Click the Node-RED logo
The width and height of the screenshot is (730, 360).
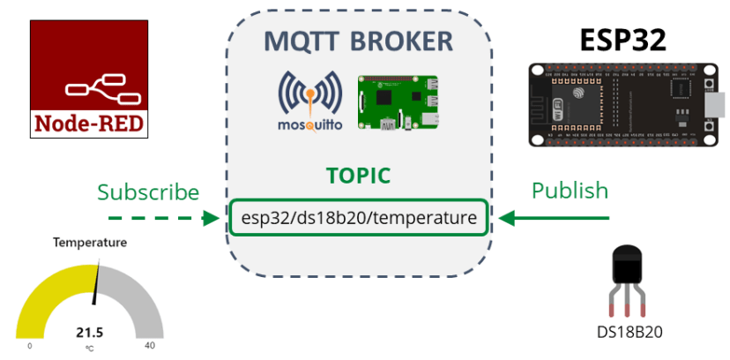[89, 79]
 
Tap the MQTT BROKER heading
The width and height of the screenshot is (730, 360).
[360, 41]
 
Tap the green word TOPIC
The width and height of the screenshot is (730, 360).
[358, 176]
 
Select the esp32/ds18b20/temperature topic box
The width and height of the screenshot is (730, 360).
[359, 217]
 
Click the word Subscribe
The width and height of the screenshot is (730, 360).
[148, 191]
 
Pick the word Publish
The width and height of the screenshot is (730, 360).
[570, 190]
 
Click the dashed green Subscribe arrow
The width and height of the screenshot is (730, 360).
[163, 217]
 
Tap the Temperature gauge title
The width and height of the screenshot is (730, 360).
[89, 243]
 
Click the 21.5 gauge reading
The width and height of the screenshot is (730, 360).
[89, 333]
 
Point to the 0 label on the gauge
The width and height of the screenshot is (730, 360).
[29, 346]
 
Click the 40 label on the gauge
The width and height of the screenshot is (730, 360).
[149, 346]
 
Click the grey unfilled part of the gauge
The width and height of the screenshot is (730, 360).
[137, 296]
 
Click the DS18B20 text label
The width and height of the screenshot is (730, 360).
[629, 333]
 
